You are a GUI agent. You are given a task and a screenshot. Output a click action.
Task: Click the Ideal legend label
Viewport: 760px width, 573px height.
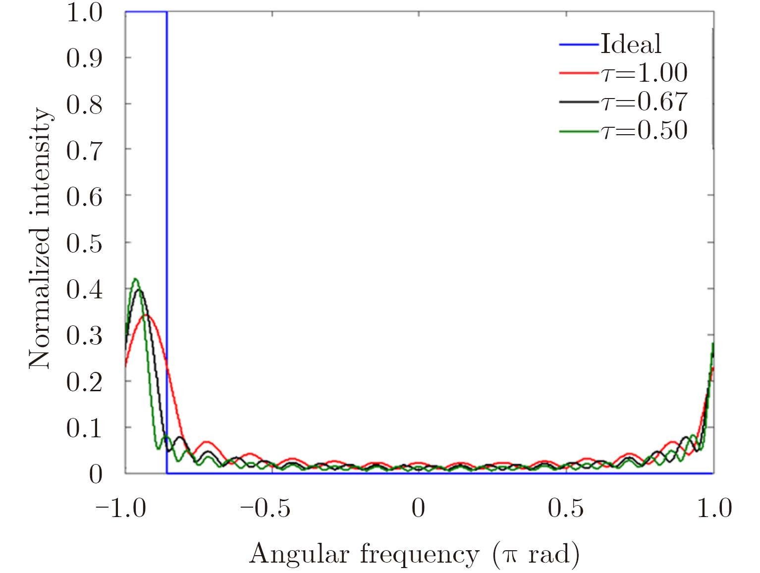click(630, 44)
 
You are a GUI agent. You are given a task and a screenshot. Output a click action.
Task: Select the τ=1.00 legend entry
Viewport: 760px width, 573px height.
click(644, 73)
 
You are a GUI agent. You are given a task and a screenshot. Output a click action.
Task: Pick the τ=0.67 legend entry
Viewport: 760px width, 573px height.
click(644, 102)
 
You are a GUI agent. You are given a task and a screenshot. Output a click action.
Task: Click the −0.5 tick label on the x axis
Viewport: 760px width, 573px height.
click(266, 508)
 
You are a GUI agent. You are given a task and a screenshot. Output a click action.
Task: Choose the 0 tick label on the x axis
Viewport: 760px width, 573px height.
click(419, 508)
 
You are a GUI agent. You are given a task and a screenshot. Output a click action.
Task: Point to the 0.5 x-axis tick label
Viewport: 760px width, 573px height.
click(566, 508)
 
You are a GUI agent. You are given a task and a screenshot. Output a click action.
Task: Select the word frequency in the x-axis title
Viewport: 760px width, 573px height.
click(419, 555)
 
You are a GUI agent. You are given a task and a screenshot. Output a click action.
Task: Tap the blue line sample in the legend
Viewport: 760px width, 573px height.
click(579, 45)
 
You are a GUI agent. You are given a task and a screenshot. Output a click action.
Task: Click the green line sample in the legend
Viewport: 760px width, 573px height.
click(579, 131)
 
